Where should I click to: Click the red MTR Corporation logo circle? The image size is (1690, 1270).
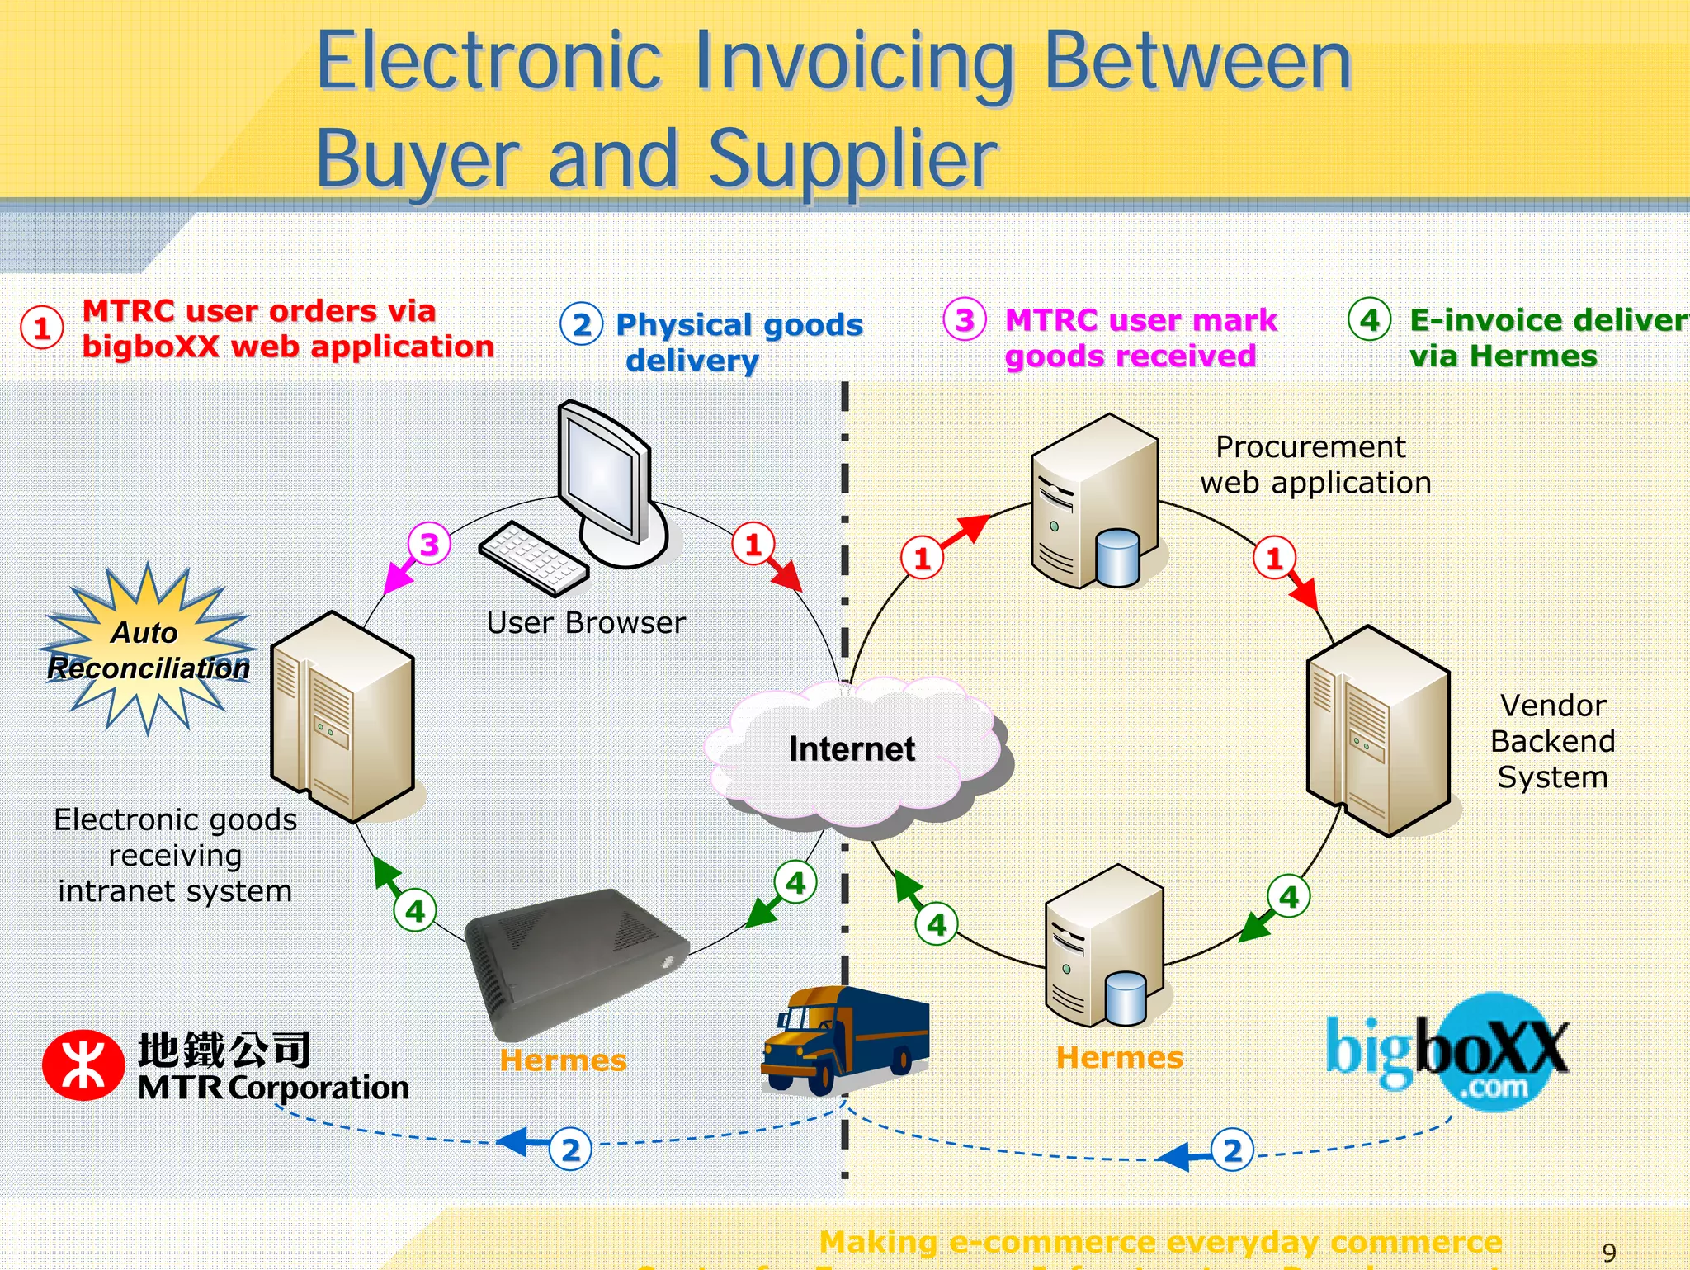tap(83, 1065)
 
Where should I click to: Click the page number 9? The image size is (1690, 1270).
tap(1608, 1253)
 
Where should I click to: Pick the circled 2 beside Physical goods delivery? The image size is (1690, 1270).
tap(581, 324)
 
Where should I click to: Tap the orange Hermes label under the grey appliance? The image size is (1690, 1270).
tap(563, 1060)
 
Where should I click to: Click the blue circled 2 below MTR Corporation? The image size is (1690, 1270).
tap(570, 1150)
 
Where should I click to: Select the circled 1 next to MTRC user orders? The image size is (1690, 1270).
tap(42, 328)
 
